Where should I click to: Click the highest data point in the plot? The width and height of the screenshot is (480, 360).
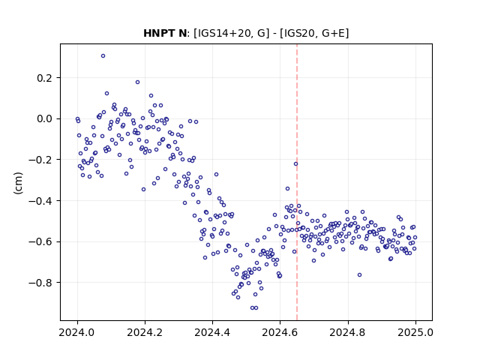click(x=103, y=56)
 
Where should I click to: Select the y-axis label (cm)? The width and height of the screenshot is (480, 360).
click(x=18, y=183)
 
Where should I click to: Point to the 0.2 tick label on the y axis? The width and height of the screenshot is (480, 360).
click(x=45, y=78)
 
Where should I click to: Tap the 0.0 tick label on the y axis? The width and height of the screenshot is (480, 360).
click(x=45, y=118)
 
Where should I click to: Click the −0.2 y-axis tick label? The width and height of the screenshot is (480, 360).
click(x=40, y=160)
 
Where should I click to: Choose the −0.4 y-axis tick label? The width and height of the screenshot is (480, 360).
click(x=40, y=201)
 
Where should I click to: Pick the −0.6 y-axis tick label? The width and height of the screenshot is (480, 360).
click(x=40, y=241)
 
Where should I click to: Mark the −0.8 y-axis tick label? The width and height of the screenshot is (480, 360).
click(x=40, y=283)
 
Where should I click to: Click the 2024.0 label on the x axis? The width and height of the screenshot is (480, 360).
click(x=77, y=332)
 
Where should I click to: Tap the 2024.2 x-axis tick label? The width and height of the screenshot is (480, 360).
click(x=145, y=332)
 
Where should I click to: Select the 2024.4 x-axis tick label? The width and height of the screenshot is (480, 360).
click(x=212, y=332)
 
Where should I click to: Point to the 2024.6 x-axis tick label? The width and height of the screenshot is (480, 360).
click(x=280, y=332)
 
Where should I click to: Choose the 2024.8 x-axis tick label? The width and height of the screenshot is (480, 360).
click(x=347, y=332)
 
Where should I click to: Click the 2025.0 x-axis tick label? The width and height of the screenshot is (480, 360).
click(x=415, y=332)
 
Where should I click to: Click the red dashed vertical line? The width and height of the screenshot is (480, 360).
click(x=297, y=182)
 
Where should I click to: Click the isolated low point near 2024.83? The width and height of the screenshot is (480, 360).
click(x=360, y=275)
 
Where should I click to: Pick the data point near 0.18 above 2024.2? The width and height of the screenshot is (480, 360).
click(x=137, y=82)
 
